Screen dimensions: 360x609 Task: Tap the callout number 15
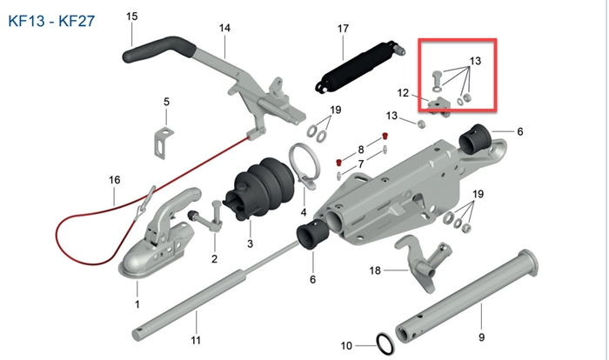(131, 17)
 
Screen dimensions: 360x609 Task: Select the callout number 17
(343, 29)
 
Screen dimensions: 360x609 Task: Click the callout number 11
(196, 339)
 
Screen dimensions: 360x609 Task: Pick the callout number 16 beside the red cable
(114, 180)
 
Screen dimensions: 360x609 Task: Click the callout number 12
(404, 92)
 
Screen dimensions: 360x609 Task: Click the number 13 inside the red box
(475, 61)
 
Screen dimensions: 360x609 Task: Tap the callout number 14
(224, 29)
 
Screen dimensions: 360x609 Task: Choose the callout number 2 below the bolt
(214, 259)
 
